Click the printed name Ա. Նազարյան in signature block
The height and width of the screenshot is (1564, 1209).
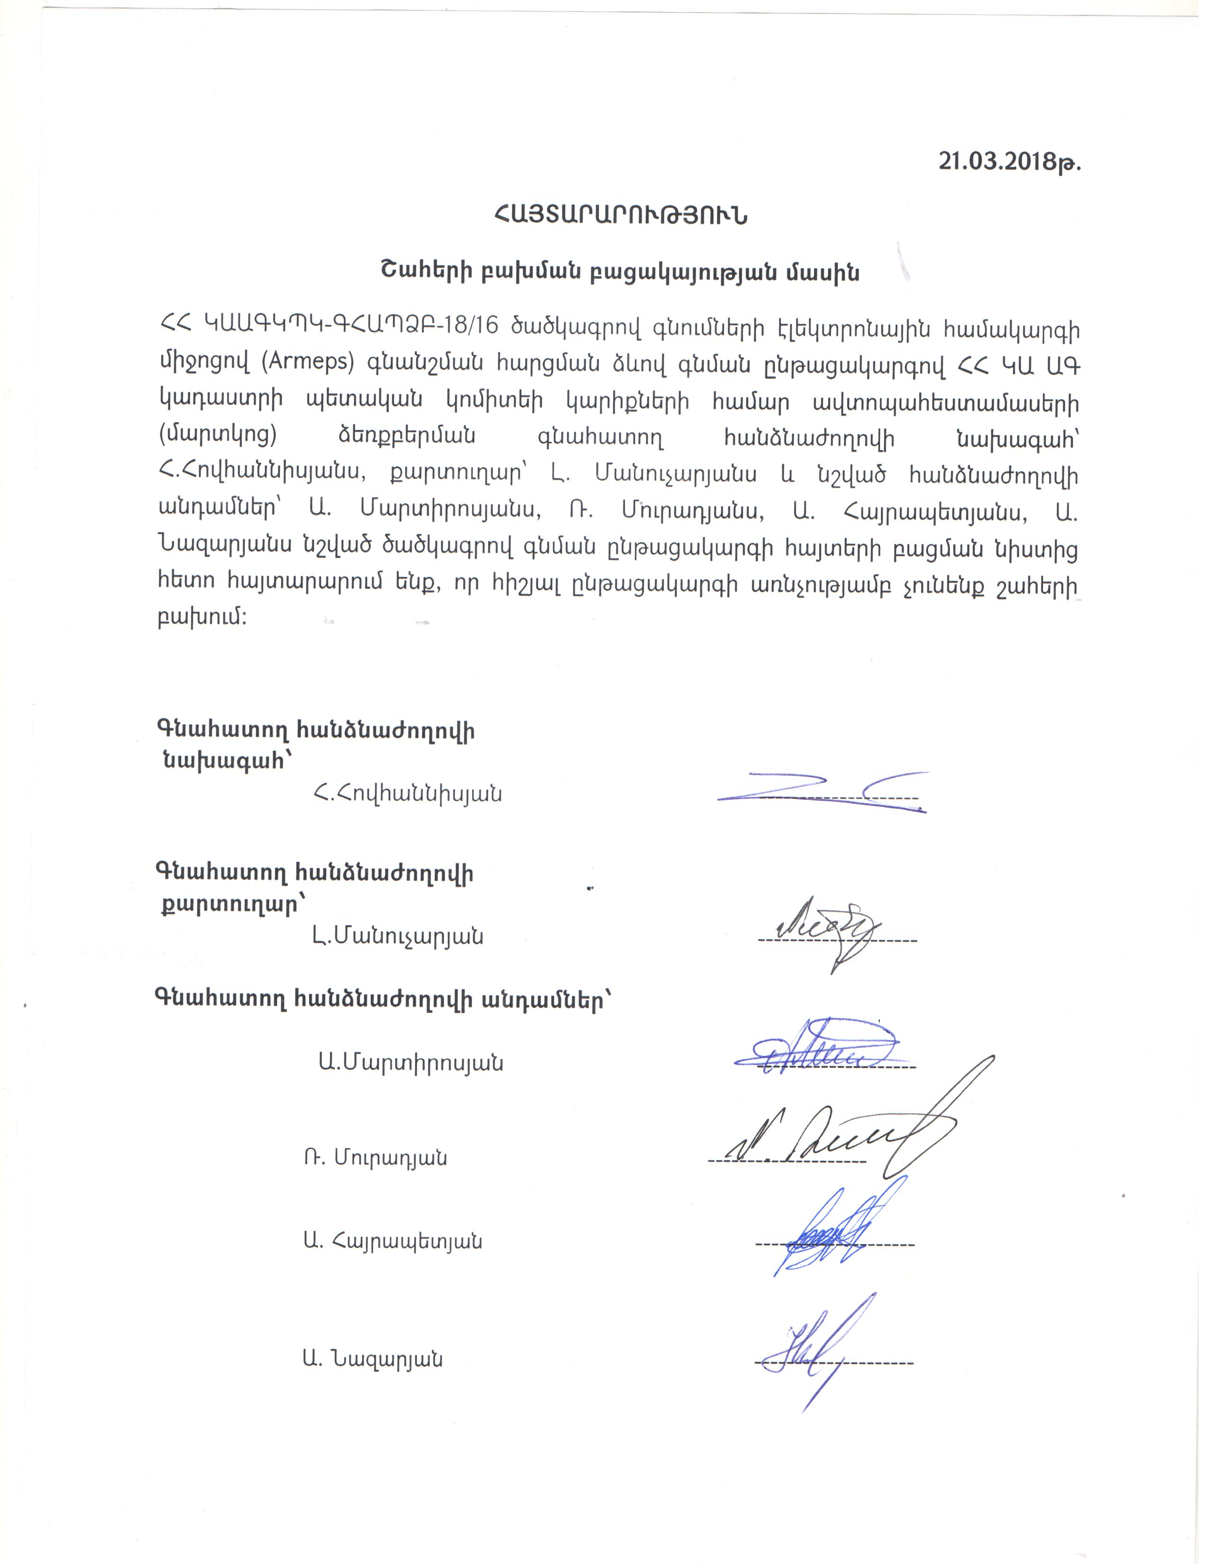point(373,1358)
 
